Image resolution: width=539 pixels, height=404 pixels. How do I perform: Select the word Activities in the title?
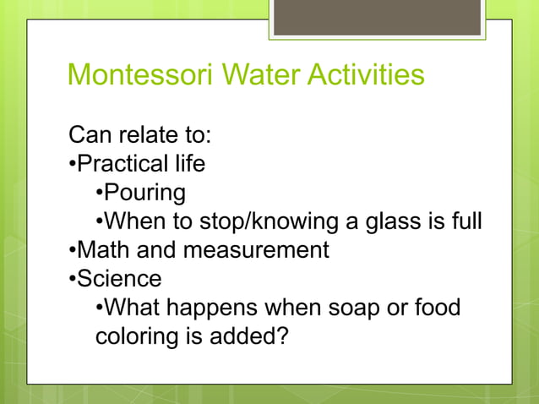(x=365, y=76)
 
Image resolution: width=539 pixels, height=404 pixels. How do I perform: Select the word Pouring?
(x=144, y=192)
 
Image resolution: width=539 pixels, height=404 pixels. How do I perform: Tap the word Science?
(x=119, y=278)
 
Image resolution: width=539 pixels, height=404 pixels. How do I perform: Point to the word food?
(x=438, y=307)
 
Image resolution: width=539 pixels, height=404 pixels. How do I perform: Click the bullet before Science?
(x=73, y=279)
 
